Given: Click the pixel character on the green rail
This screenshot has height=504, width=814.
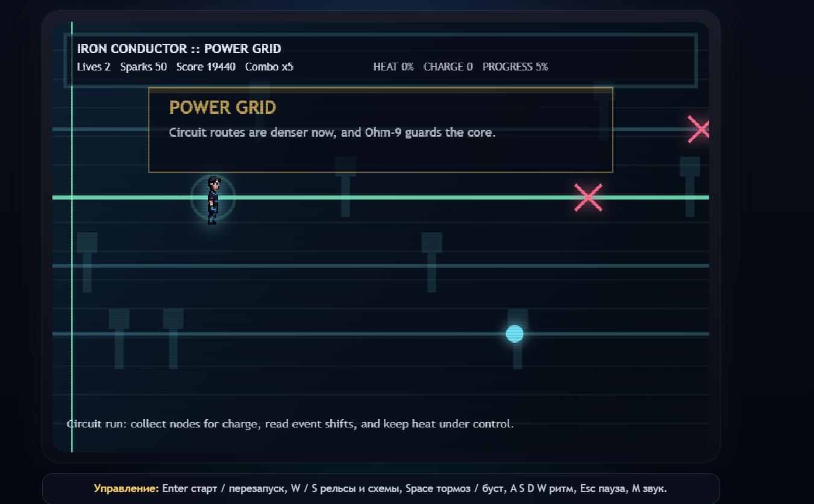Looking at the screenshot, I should pos(212,200).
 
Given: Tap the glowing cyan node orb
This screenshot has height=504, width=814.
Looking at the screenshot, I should pos(515,334).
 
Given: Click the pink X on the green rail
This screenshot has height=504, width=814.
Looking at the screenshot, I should pos(588,198).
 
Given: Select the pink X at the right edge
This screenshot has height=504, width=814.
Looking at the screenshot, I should pos(699,129).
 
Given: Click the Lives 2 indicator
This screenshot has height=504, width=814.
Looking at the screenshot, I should pos(94,67).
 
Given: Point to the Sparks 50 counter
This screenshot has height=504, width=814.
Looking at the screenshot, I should pos(143,67).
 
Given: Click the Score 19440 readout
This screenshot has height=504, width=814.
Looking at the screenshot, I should pos(206,67).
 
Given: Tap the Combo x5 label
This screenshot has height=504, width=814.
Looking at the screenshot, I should pos(269,67).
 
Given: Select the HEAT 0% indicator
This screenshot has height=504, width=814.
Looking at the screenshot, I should pos(393,67).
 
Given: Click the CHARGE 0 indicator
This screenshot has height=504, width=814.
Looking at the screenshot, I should pos(448,67).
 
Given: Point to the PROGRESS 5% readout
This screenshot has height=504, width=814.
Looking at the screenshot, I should pos(515,67).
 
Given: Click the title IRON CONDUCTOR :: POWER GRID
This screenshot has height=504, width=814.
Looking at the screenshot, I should pos(179,49).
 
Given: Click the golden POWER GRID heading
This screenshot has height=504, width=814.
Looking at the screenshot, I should pos(222,108).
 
